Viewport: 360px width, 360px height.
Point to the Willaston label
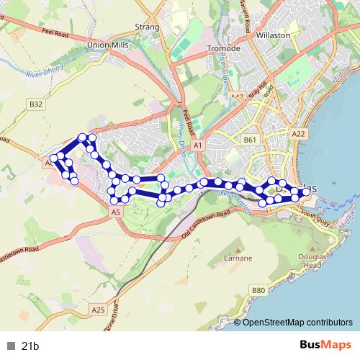point(274,35)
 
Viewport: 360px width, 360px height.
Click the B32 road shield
point(37,104)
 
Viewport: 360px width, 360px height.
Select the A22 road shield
point(300,134)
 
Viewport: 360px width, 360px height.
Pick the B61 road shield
point(250,140)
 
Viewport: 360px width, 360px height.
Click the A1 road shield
point(198,145)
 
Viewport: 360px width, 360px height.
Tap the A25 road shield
point(98,310)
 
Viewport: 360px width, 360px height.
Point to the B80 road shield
point(258,290)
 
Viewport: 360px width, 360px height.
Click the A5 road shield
point(116,212)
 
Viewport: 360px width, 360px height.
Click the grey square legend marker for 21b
point(11,346)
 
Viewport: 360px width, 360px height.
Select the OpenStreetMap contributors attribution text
point(297,322)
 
